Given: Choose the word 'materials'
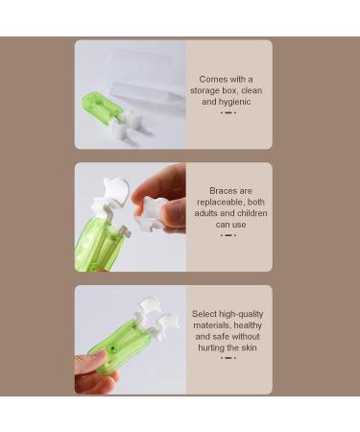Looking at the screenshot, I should coord(214,325).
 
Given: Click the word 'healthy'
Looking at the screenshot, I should coord(249,325).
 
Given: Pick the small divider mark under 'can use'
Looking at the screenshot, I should coord(228,235).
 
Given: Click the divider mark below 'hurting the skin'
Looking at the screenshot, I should coord(228,358).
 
